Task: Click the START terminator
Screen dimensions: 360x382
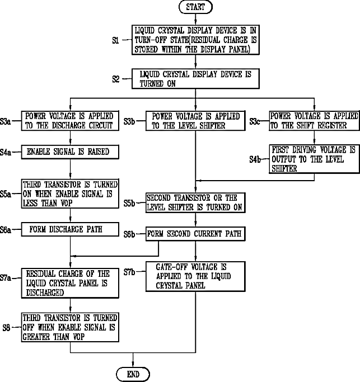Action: [x=195, y=7]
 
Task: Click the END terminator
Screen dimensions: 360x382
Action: [x=133, y=374]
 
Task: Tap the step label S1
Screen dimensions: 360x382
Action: [x=115, y=40]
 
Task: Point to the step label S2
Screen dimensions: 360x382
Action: [x=116, y=79]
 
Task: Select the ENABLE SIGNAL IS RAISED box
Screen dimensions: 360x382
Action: [x=70, y=152]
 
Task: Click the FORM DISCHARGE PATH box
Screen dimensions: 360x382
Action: [x=70, y=229]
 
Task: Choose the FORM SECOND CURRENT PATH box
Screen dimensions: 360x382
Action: [x=195, y=234]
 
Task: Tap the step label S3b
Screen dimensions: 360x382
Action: [x=129, y=121]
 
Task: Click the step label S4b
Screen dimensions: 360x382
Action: [x=255, y=159]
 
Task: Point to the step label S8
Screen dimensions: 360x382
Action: [x=6, y=328]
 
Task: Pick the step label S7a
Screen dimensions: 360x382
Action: [x=6, y=278]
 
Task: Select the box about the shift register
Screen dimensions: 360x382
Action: [x=314, y=121]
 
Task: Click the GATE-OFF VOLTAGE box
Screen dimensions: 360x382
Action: [x=195, y=276]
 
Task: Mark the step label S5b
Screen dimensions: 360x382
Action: [x=129, y=203]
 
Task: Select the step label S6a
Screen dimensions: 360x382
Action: [x=6, y=229]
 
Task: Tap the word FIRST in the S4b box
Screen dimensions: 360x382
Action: [x=280, y=149]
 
